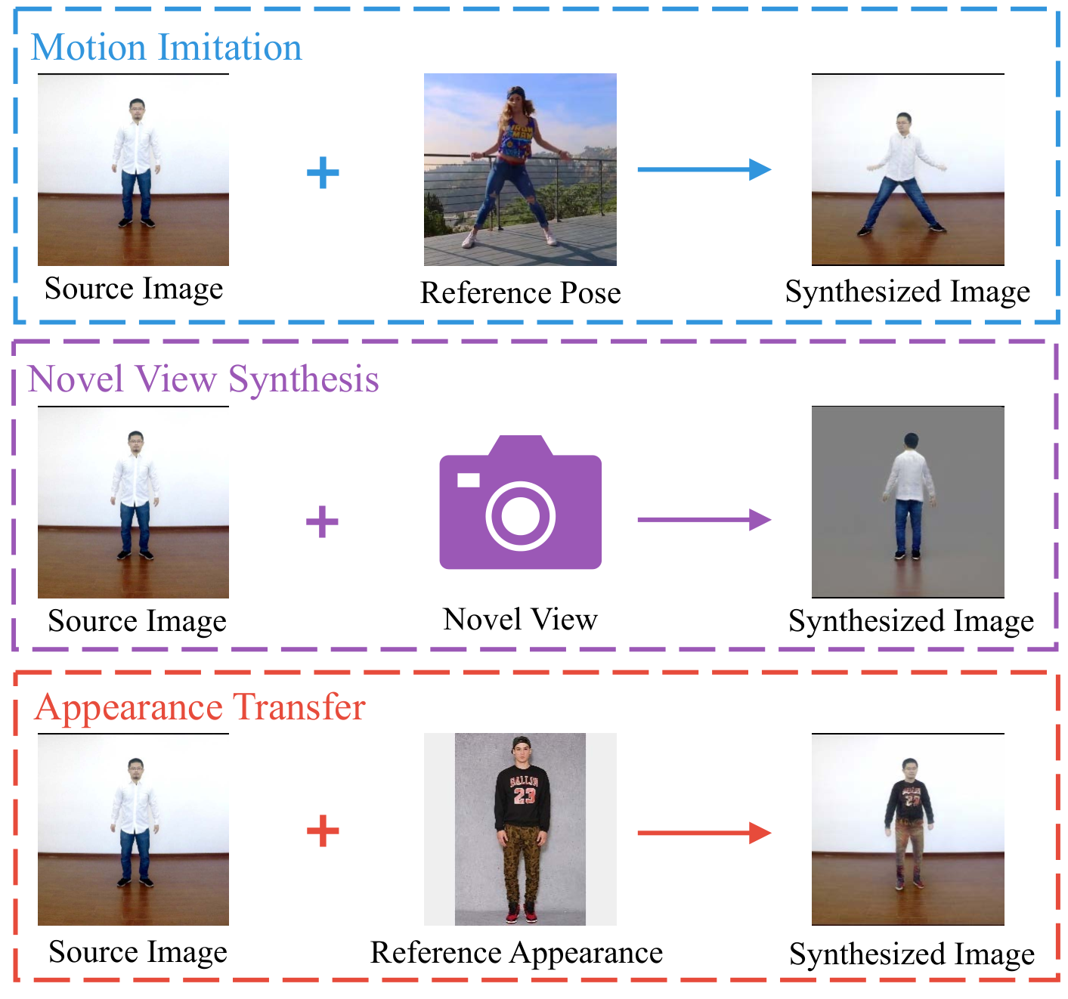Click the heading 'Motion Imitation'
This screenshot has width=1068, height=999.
(x=166, y=48)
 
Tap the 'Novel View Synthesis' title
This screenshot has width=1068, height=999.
(x=203, y=379)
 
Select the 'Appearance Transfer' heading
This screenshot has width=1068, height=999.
(x=200, y=707)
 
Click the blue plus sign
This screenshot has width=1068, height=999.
(x=323, y=172)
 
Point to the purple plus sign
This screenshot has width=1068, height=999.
(x=322, y=521)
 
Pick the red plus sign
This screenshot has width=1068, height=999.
(x=323, y=830)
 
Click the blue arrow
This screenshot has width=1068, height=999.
(x=704, y=169)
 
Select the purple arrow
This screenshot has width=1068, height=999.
(x=704, y=519)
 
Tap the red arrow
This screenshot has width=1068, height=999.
(x=704, y=833)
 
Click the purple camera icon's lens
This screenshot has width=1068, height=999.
(x=520, y=515)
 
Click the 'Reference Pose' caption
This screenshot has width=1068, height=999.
(x=520, y=293)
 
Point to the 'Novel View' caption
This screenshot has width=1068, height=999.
(x=520, y=619)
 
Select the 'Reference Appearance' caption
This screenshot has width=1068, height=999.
(x=516, y=954)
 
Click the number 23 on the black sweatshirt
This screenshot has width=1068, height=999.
(x=525, y=795)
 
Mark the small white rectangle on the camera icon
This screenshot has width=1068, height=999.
(x=469, y=480)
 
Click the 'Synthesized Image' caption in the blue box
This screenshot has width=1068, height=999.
(x=907, y=292)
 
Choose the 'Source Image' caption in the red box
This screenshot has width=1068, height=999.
(x=138, y=952)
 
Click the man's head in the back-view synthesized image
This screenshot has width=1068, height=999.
(x=911, y=441)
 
